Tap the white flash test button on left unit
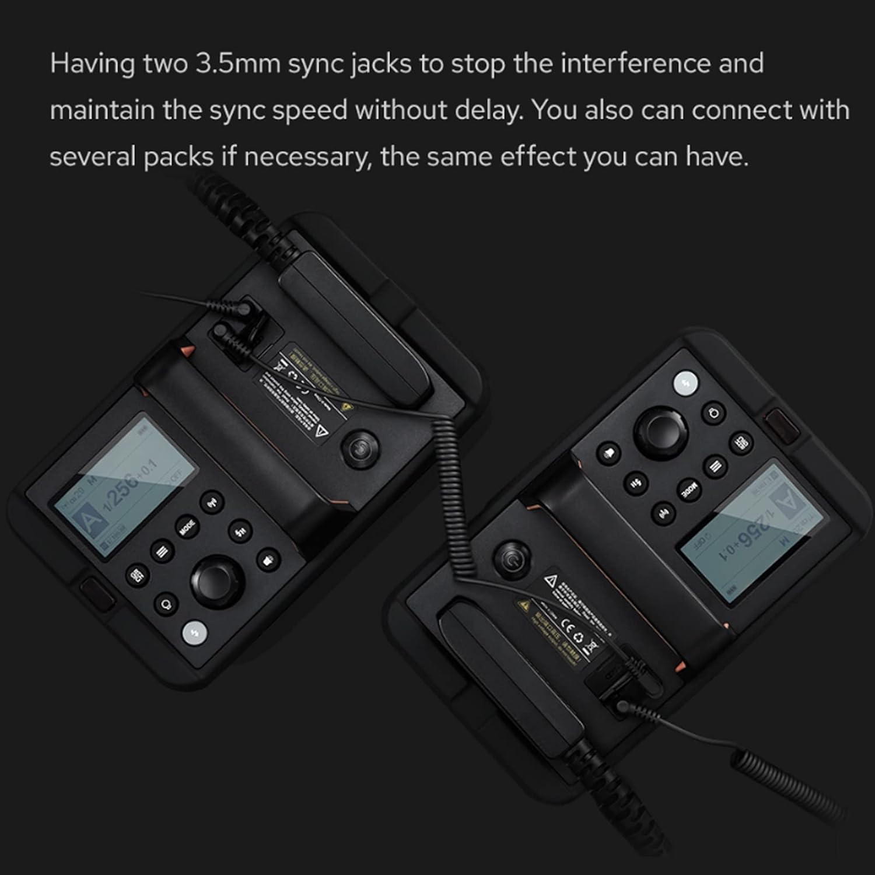tap(195, 633)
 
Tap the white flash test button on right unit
tap(685, 383)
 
